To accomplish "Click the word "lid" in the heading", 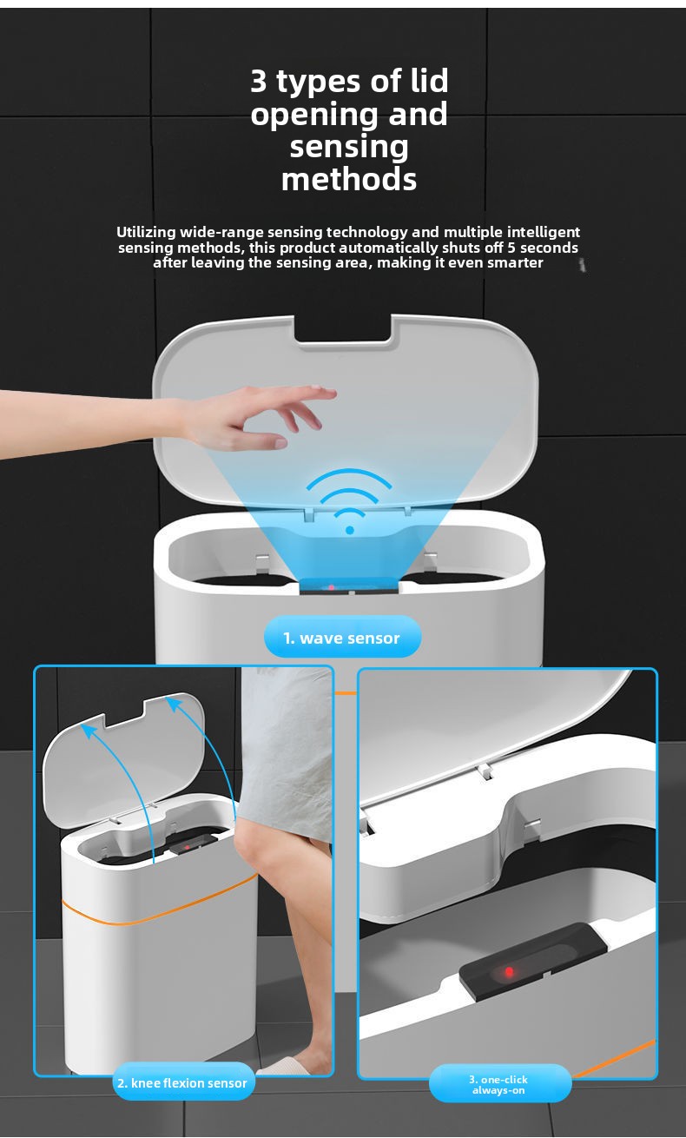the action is [x=429, y=81].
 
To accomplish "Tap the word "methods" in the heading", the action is [x=349, y=180].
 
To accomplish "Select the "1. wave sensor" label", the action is [x=342, y=638].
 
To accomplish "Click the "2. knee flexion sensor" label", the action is [x=182, y=1083].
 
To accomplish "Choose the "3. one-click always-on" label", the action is [x=498, y=1085].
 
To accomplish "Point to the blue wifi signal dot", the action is [x=350, y=531].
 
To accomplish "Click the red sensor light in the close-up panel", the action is [x=509, y=972].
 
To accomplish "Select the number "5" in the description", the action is [x=512, y=248].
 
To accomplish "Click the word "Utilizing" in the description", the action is [x=146, y=233].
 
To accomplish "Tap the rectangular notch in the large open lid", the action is [x=344, y=329].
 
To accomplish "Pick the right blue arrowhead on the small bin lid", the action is [x=174, y=705].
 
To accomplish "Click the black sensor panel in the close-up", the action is [x=532, y=963].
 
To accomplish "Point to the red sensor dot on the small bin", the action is [x=187, y=847].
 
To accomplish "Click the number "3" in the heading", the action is [x=259, y=81].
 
